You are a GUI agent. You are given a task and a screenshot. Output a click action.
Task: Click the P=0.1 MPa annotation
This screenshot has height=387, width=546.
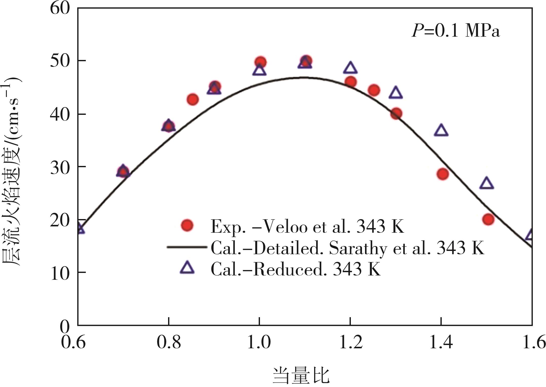pos(455,31)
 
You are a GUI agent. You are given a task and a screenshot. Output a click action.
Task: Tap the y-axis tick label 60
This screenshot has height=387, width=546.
pos(60,9)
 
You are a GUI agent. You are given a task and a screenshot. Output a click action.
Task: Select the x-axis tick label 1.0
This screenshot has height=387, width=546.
pos(259,342)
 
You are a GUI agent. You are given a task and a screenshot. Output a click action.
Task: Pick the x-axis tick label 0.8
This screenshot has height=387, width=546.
pos(169,342)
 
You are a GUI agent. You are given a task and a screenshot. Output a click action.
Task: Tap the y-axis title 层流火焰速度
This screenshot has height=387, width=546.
pos(11,202)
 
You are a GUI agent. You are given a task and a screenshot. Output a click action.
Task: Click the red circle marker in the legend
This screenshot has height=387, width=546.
pos(187,225)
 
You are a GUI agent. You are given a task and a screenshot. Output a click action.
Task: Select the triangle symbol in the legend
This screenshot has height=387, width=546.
pos(187,268)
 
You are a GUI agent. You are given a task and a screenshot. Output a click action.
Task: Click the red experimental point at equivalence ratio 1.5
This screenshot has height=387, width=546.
pos(488,219)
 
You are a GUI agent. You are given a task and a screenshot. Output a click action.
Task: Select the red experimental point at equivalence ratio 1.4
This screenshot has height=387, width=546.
pos(442,174)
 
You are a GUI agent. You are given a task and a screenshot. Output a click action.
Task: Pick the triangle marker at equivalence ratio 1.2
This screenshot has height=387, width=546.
pos(350,68)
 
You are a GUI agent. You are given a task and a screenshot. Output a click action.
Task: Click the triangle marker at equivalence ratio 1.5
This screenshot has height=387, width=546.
pos(487,183)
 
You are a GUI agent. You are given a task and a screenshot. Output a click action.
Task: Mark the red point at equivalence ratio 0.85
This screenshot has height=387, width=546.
pos(193,99)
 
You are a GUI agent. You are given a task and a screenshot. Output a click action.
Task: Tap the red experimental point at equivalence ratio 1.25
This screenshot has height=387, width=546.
pos(374,90)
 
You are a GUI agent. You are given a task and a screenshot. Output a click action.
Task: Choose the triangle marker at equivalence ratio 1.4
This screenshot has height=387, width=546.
pos(441,131)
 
